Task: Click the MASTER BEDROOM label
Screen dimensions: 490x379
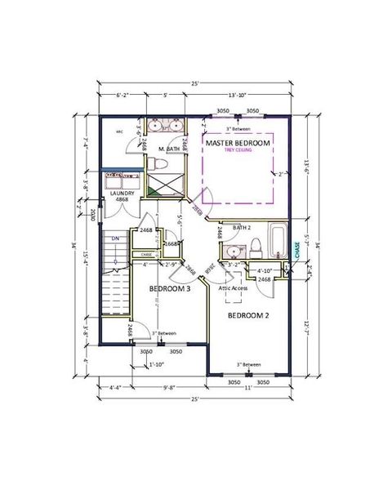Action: click(238, 143)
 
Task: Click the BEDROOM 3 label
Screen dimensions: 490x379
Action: click(170, 289)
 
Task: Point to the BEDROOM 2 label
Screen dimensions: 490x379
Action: click(248, 315)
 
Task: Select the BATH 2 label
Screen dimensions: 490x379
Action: click(242, 227)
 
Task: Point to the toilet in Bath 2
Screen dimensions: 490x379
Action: click(256, 244)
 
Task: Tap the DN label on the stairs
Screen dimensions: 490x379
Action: click(116, 238)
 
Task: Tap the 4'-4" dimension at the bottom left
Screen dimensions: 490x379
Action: click(115, 389)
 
